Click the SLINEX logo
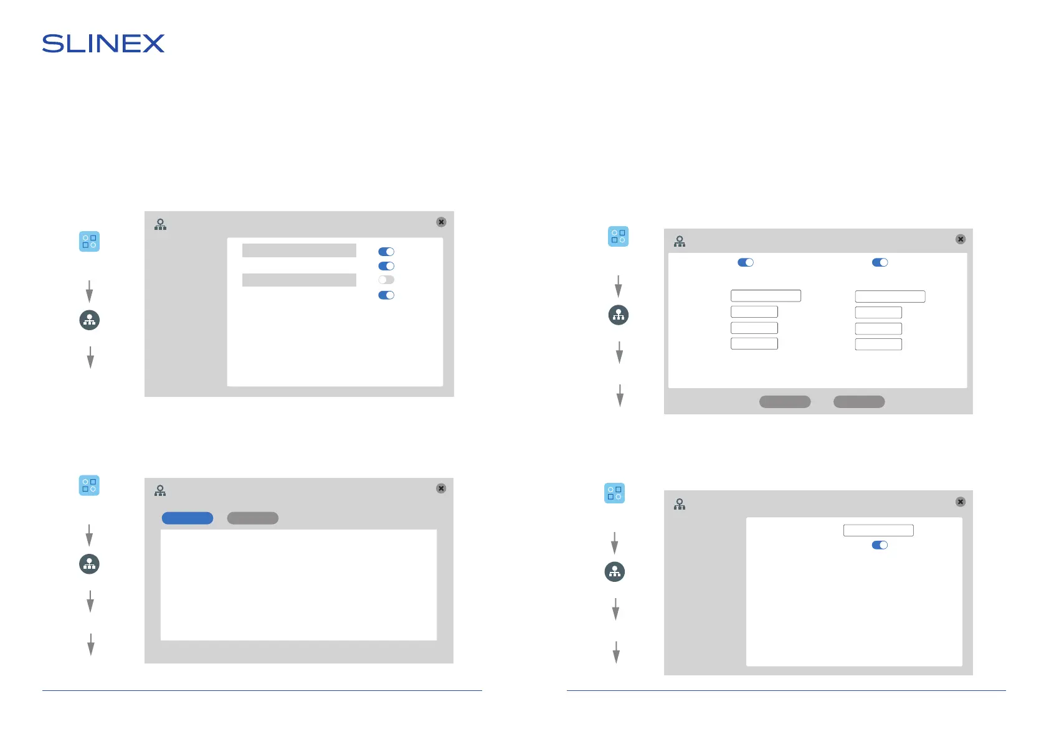tap(103, 44)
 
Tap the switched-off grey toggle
tap(386, 280)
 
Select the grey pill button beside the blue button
tap(252, 518)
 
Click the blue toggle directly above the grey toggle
tap(386, 266)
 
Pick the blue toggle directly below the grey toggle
tap(386, 295)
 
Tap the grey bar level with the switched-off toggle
tap(299, 280)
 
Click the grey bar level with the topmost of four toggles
tap(299, 250)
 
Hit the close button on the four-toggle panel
tap(441, 222)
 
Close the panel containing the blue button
tap(441, 488)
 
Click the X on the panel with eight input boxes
tap(961, 239)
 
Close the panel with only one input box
tap(961, 502)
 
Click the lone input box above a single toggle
tap(878, 530)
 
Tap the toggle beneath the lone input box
tap(880, 545)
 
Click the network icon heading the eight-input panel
tap(680, 242)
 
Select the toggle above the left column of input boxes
tap(746, 262)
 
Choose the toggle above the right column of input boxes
tap(880, 262)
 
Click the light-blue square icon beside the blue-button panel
tap(89, 485)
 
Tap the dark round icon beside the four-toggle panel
tap(90, 320)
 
